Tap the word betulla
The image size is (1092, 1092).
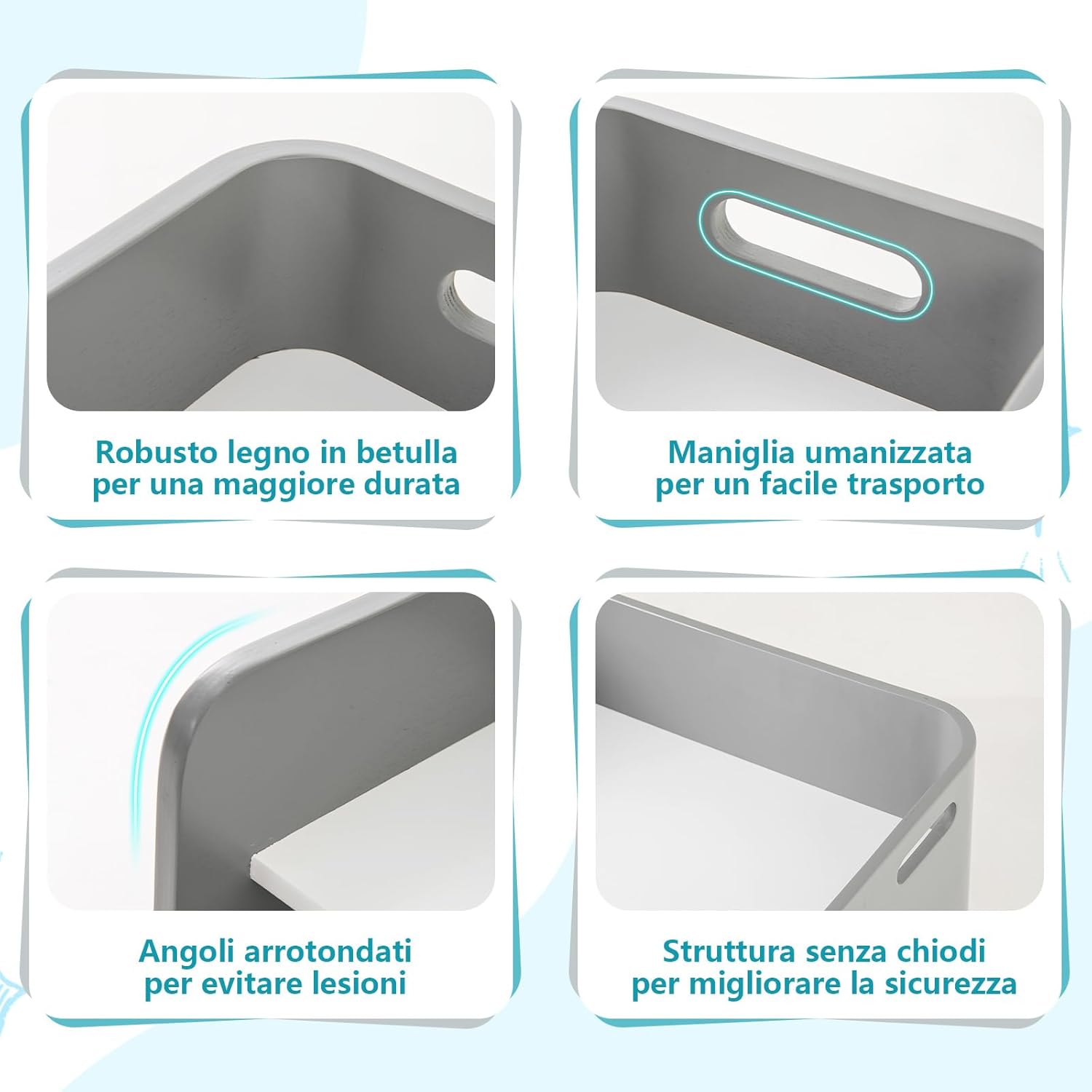tap(406, 453)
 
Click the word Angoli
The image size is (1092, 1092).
tap(188, 952)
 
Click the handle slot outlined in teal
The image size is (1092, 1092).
tap(815, 253)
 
